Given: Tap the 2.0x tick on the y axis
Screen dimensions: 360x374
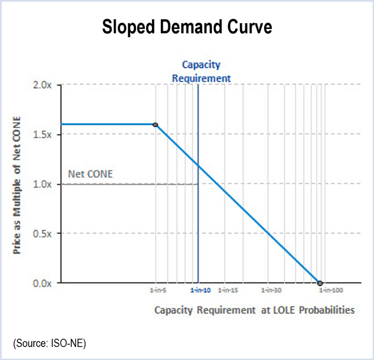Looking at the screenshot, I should click(x=42, y=85).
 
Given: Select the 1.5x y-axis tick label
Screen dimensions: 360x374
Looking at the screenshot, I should click(x=42, y=134).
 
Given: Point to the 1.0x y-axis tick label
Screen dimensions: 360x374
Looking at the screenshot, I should click(x=42, y=184).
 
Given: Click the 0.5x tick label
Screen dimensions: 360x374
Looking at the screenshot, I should click(x=42, y=234).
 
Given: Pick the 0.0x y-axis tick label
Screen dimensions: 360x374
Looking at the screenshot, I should click(x=42, y=283).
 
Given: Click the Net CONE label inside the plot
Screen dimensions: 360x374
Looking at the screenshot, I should click(x=90, y=173).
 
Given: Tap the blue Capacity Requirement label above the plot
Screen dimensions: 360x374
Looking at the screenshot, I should click(x=201, y=71).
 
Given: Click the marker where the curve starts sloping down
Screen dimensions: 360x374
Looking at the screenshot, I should click(x=155, y=125).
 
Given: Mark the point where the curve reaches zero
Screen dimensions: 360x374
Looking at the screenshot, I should click(x=320, y=283).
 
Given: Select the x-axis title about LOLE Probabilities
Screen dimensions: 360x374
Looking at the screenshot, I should click(x=254, y=310).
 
